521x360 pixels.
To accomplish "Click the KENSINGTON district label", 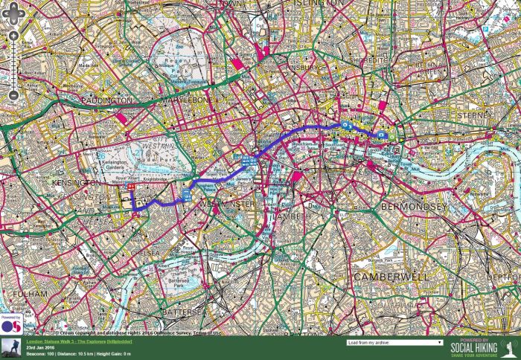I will click(76, 182).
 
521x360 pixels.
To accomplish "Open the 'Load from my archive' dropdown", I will click(394, 343).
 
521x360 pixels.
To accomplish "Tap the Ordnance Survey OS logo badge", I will click(11, 325).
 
